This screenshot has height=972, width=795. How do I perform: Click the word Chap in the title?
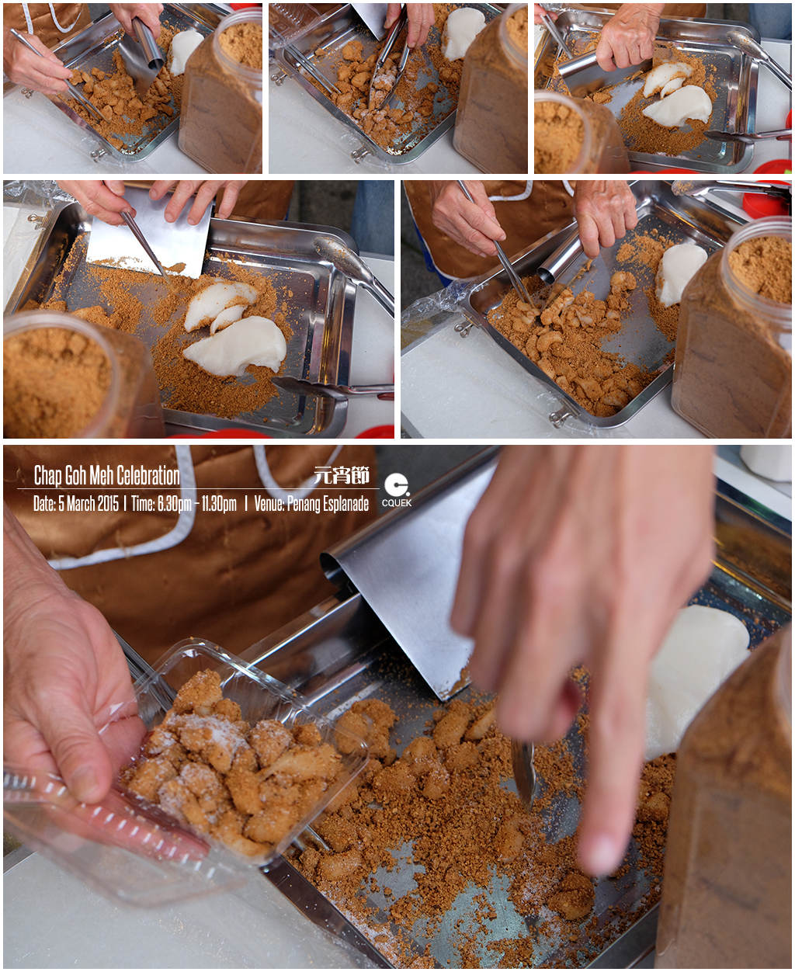tap(47, 475)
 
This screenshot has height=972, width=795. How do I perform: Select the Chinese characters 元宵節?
tap(342, 475)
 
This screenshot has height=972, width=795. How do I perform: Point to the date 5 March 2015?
tap(88, 504)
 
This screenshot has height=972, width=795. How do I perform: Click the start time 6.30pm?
tap(174, 504)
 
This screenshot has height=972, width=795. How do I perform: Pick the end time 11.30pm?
tap(218, 504)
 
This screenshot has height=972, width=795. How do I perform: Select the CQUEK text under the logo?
tap(397, 503)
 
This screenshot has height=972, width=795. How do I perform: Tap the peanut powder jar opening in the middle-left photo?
tap(57, 369)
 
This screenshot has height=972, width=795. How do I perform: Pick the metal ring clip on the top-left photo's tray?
tap(97, 154)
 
